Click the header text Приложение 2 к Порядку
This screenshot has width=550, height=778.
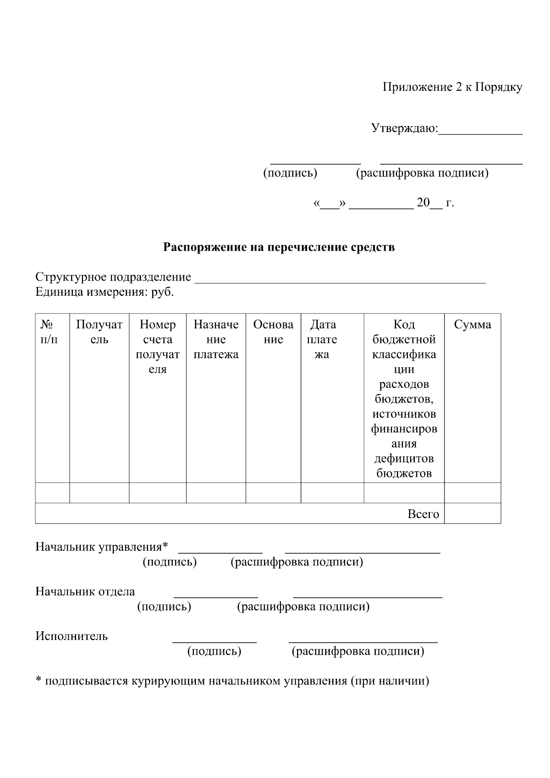(452, 88)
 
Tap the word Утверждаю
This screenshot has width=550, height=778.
(404, 128)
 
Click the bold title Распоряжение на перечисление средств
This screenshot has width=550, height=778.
(279, 248)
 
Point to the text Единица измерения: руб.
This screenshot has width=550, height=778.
(104, 292)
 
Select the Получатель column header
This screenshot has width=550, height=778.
(99, 332)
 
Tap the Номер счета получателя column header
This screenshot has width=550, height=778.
(158, 347)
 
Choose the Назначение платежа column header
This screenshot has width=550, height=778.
(216, 339)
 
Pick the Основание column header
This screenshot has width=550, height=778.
(273, 332)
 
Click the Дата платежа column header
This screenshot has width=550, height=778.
(322, 339)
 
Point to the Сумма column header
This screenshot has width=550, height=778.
(472, 325)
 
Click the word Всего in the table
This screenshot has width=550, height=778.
(423, 514)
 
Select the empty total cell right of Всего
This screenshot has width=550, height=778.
(472, 513)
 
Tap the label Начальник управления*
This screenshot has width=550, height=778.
(102, 547)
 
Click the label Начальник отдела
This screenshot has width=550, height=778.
(85, 591)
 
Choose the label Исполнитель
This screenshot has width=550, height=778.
(71, 636)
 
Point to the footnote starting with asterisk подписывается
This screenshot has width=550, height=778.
(232, 681)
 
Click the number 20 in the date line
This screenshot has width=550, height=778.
(423, 203)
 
